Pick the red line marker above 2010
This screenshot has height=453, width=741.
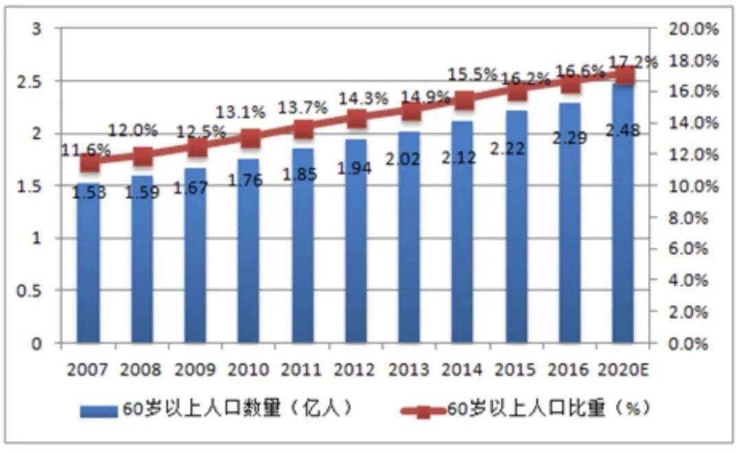[250, 139]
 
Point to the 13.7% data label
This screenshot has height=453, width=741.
[303, 107]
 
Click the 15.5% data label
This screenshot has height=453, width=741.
[472, 73]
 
